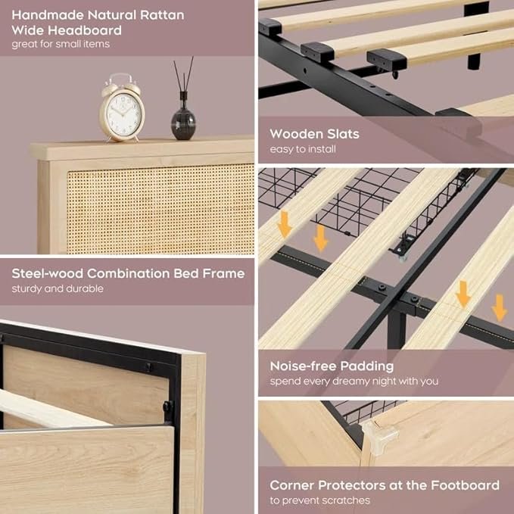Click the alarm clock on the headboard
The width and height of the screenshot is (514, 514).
click(122, 107)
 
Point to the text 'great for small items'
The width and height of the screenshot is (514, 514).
click(61, 44)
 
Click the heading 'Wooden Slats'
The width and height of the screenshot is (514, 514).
click(314, 134)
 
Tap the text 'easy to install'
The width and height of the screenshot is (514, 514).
click(303, 149)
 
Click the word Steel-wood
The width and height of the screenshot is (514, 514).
click(47, 273)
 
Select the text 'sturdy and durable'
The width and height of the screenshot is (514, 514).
click(58, 289)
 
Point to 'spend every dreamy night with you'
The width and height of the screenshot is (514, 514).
click(354, 382)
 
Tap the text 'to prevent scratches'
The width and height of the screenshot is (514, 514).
click(320, 500)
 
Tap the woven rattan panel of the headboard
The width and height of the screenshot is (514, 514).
click(160, 210)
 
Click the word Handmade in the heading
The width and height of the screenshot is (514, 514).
click(47, 15)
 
